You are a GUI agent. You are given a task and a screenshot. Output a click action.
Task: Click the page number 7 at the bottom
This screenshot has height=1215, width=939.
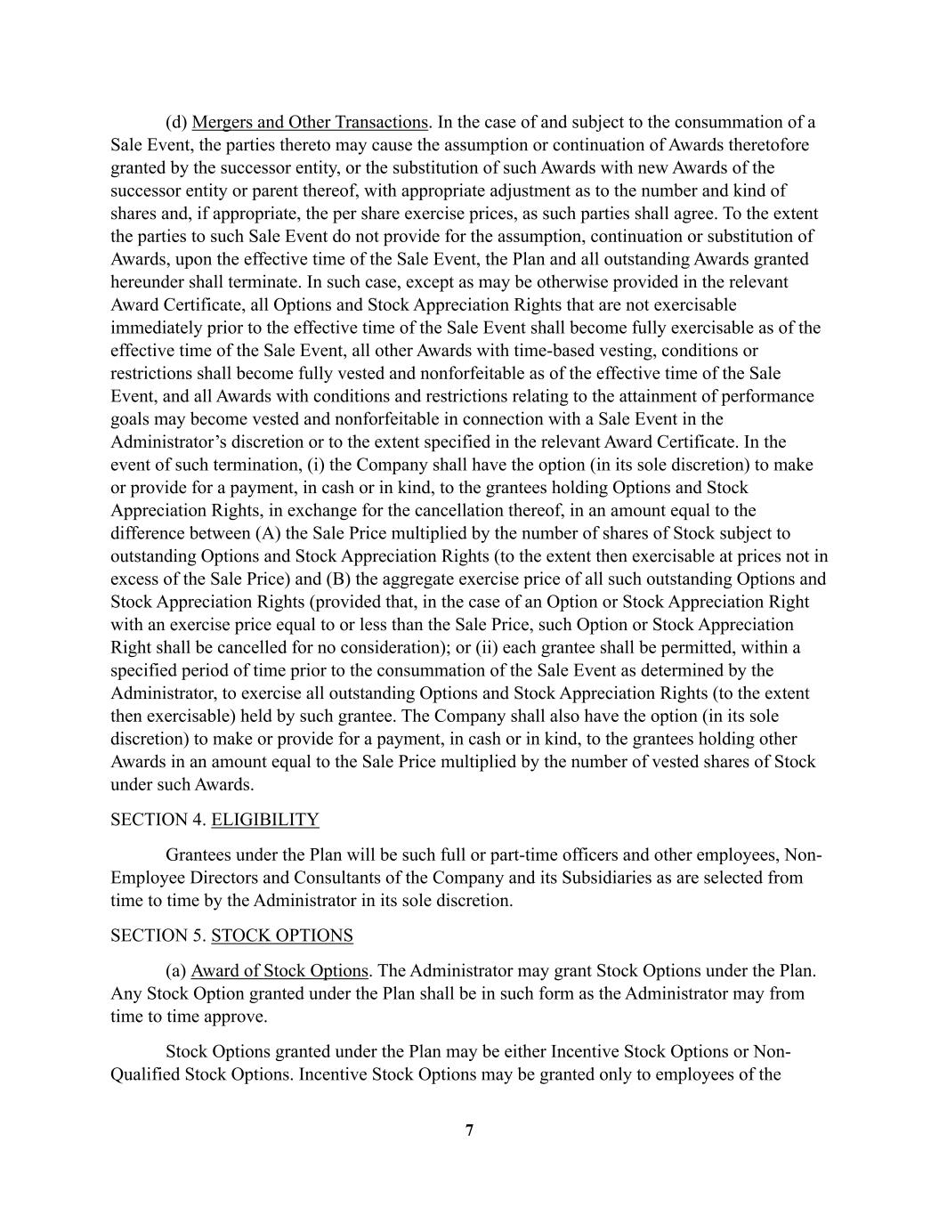coord(469,1130)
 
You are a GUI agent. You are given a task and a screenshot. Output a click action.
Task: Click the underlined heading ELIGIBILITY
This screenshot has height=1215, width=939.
coord(264,820)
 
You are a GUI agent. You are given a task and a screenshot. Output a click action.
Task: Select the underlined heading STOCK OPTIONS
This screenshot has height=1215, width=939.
coord(281,936)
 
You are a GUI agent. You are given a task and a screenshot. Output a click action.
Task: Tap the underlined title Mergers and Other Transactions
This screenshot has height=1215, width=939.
coord(309,122)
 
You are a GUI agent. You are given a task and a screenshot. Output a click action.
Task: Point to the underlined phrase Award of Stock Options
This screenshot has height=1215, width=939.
coord(279,970)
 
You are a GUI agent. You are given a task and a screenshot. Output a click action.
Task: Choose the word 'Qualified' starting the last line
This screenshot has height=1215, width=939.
coord(144,1074)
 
